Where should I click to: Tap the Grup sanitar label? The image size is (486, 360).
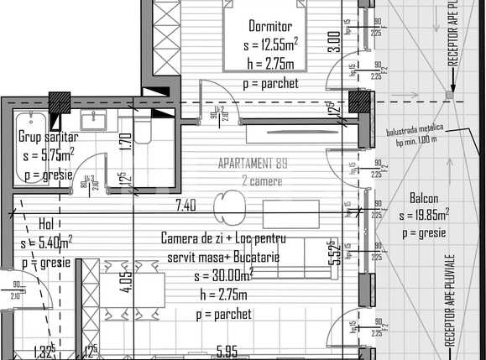[x=48, y=138]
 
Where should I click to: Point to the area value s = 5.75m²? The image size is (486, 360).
[x=49, y=155]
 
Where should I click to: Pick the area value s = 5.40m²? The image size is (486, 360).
[x=47, y=243]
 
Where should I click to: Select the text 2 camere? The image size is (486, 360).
[x=262, y=180]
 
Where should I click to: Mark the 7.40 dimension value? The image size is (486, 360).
[x=186, y=204]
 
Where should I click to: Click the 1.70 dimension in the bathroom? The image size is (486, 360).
[x=123, y=144]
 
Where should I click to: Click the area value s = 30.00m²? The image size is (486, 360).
[x=222, y=275]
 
